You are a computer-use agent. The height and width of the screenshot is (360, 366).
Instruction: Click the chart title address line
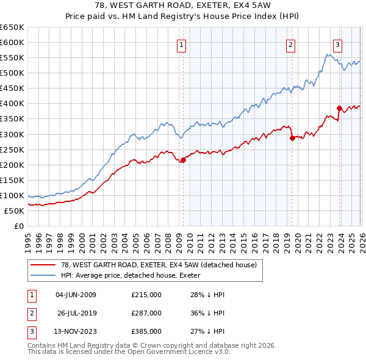point(183,5)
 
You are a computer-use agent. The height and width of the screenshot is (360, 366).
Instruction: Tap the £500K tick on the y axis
point(12,73)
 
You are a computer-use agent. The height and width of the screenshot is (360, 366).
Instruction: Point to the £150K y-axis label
point(12,181)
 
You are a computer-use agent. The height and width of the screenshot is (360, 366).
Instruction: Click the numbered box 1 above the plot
point(182,44)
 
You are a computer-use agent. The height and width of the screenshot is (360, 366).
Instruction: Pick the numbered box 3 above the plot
point(337,44)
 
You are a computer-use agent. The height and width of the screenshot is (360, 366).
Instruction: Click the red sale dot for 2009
point(183,160)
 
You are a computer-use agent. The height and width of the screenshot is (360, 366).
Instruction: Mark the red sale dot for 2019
point(292,138)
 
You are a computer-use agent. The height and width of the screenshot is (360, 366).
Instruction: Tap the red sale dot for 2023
point(340,108)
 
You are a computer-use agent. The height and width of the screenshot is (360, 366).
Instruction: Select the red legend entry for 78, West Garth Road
point(159,264)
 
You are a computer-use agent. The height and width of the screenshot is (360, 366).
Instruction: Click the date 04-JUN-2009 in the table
point(76,295)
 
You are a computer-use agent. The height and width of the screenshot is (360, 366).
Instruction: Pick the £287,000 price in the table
point(146,313)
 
